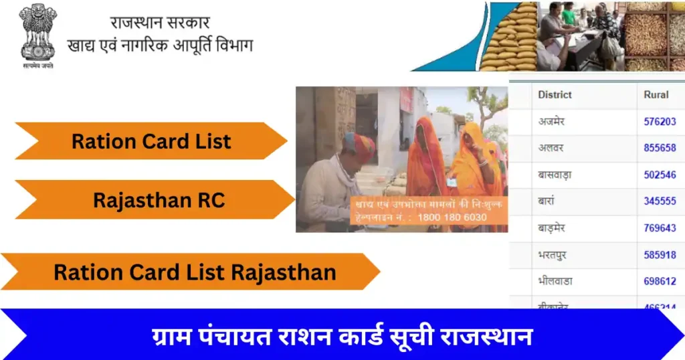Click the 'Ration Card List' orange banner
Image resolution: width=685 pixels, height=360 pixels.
click(151, 141)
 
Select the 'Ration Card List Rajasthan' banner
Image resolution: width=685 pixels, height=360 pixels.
click(195, 272)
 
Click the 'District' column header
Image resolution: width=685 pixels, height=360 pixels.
click(555, 94)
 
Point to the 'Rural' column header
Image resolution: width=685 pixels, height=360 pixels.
click(656, 94)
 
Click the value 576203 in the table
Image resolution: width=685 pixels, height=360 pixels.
click(660, 122)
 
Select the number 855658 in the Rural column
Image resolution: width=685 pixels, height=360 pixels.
click(660, 148)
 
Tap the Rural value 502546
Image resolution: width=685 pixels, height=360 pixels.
click(660, 175)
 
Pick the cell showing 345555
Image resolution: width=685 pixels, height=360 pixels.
click(660, 201)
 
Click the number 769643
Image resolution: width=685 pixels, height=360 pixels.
click(660, 228)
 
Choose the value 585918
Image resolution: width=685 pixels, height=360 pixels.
click(660, 255)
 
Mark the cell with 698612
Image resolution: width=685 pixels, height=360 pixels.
click(660, 282)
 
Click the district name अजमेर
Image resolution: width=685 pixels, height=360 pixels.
click(552, 122)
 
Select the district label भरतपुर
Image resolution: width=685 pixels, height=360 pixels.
click(553, 255)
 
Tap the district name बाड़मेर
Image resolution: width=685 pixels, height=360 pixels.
click(552, 228)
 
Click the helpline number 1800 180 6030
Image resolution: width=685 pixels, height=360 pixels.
click(452, 217)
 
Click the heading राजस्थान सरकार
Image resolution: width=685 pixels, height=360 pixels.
click(161, 22)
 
